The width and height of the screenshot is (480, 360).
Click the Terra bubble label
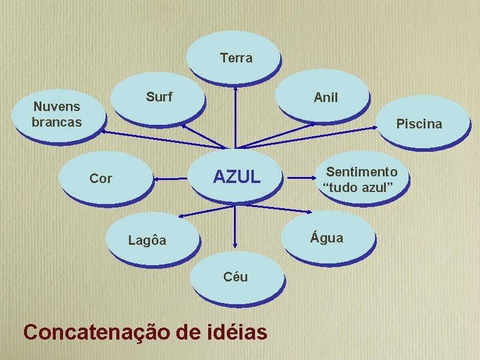236,58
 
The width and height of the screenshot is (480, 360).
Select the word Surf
159,97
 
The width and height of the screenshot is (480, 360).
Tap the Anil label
326,97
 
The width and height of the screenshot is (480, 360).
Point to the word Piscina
419,124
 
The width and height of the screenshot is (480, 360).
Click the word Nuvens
56,107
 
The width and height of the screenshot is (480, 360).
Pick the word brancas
56,122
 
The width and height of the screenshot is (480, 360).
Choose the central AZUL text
237,176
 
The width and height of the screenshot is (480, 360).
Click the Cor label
100,178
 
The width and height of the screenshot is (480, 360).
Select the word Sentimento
362,172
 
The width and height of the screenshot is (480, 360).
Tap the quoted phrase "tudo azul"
358,188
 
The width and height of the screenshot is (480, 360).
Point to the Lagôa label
147,241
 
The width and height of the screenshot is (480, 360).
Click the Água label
327,238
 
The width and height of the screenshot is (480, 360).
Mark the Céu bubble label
235,277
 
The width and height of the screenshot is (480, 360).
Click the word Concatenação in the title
95,331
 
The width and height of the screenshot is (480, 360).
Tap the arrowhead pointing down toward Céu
235,244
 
